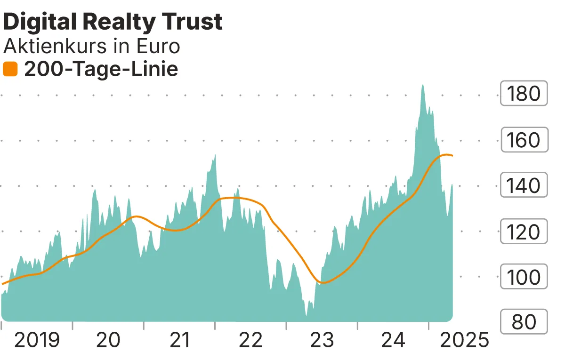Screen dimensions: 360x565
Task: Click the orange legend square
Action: tap(10, 70)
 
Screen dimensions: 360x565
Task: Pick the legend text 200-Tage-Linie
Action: tap(101, 70)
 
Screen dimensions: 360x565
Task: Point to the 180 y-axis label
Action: tap(524, 94)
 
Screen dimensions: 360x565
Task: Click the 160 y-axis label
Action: tap(524, 140)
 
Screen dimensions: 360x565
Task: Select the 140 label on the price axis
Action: tap(524, 185)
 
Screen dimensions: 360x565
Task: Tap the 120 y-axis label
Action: tap(524, 232)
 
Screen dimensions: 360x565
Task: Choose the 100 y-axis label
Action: tap(524, 277)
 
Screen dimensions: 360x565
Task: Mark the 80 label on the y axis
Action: tap(524, 322)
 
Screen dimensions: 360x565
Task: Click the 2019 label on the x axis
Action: tap(37, 339)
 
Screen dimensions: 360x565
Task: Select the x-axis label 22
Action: tap(250, 339)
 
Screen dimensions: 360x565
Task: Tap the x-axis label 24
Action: tap(393, 339)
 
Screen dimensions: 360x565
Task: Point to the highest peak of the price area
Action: tap(423, 86)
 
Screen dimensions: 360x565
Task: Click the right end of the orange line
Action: tap(452, 156)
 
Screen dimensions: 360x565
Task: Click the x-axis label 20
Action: tap(108, 339)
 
